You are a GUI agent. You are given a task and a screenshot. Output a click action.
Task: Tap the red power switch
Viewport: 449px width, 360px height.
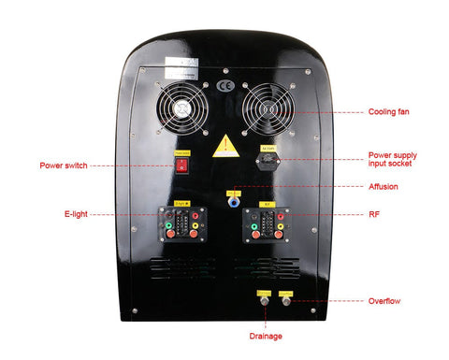click(x=181, y=166)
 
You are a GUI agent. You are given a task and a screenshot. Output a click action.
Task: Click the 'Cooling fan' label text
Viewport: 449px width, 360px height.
click(x=388, y=111)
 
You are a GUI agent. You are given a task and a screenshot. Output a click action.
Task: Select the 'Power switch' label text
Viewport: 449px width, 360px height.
click(x=64, y=166)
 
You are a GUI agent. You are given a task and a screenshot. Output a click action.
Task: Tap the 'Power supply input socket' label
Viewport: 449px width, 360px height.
click(x=392, y=160)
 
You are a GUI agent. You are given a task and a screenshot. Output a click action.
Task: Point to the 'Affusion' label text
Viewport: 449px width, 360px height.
click(x=384, y=186)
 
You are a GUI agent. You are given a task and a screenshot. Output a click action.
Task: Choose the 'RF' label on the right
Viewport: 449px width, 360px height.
click(x=374, y=213)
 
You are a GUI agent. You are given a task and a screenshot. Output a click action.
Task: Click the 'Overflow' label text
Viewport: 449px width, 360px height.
click(x=384, y=301)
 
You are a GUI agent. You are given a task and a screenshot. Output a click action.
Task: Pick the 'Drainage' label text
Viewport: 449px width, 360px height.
click(x=266, y=335)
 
